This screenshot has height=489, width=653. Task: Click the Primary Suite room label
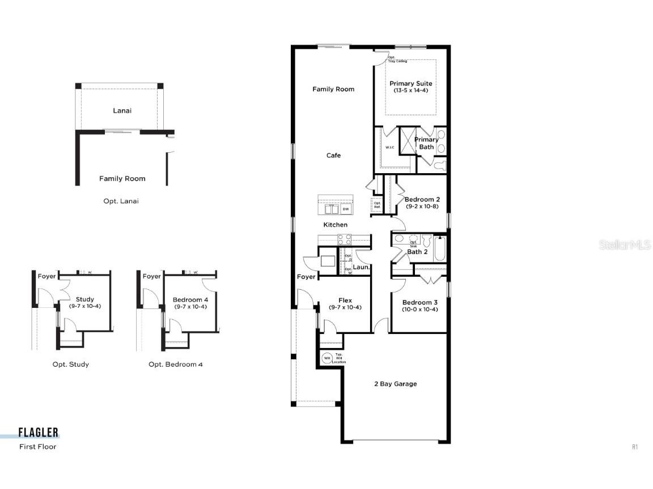pos(410,84)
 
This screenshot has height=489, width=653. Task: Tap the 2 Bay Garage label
pos(395,384)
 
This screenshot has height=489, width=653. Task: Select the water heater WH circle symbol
pos(327,358)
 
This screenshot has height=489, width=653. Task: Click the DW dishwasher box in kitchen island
pos(346,209)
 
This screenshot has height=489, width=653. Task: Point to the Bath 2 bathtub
pos(440,248)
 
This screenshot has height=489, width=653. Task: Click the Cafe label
pos(333,156)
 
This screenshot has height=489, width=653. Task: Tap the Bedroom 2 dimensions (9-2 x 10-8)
pos(422,207)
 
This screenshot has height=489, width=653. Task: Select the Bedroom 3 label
pos(419,302)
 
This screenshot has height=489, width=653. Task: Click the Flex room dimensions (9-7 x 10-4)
pos(345,307)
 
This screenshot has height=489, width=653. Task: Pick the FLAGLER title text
pos(39,433)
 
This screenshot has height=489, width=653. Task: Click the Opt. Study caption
pos(71,364)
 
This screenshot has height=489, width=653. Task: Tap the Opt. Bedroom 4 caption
pos(176,364)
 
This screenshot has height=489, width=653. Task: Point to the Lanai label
pos(122,111)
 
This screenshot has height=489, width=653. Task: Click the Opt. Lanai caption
pos(121,201)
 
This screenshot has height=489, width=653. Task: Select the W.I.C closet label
pos(390,148)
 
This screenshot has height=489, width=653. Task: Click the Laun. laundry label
pos(361,267)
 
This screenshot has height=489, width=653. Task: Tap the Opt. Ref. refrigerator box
pos(377,205)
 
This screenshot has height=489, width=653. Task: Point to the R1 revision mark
pos(635,447)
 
